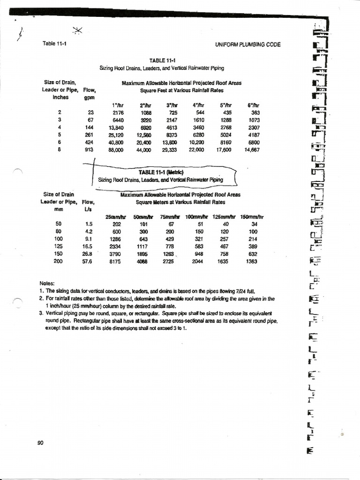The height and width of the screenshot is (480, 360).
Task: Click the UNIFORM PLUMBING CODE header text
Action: pos(247,45)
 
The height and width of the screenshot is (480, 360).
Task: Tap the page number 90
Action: pos(40,443)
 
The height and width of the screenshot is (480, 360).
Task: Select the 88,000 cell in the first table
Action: pos(115,150)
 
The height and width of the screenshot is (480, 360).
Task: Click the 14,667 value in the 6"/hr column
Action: pos(252,150)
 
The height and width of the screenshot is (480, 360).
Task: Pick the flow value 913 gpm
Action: pos(89,150)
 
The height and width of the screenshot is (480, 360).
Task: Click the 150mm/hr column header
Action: pos(252,217)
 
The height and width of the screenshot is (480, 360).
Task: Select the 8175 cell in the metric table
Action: pos(115,262)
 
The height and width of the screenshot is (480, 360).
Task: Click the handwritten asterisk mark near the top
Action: pos(78,31)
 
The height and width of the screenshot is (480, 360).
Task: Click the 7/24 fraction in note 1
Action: pos(245,291)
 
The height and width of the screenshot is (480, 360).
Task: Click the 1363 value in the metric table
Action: pos(251,262)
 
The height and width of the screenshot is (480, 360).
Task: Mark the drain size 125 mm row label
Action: pos(58,246)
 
